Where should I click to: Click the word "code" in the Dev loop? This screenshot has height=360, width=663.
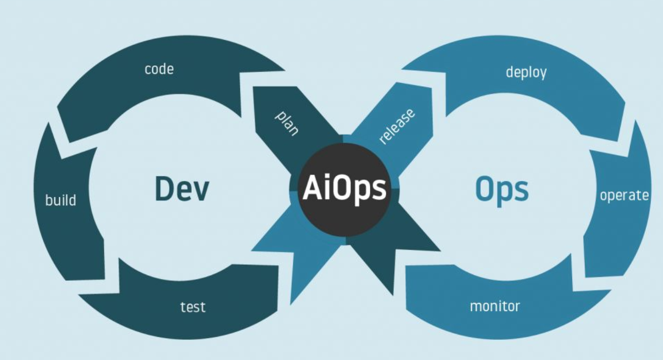(159, 69)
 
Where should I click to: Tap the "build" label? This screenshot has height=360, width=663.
(61, 200)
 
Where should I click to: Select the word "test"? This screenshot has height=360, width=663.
(193, 307)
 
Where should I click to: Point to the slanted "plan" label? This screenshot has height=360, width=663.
(287, 123)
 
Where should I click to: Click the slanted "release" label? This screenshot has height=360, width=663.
(397, 127)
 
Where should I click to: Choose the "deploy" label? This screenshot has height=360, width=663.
(526, 73)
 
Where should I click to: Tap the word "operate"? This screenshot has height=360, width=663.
(624, 195)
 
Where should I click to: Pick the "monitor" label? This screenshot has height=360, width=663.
(495, 306)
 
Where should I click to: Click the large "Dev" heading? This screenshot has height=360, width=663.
(182, 189)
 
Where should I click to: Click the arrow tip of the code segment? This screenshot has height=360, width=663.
(285, 71)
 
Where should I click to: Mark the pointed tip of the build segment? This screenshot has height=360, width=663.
(49, 122)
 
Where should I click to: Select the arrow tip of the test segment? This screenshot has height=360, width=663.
(79, 295)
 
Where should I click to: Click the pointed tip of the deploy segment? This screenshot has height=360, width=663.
(401, 70)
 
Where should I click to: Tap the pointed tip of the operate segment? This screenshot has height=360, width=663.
(635, 120)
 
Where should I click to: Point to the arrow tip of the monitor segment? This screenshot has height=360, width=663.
(611, 290)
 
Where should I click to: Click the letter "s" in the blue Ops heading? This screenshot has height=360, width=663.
(522, 191)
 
